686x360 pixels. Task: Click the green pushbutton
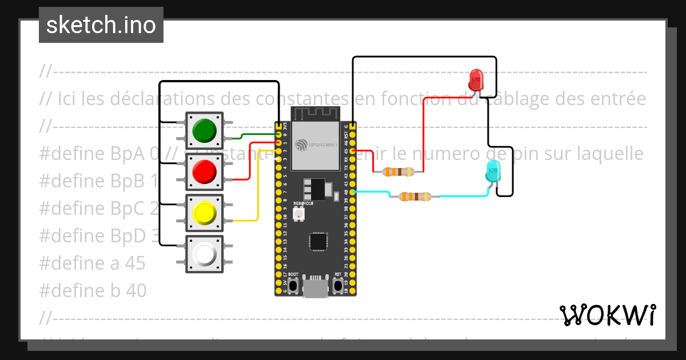click(204, 131)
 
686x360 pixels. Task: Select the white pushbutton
click(204, 254)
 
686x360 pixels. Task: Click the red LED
click(476, 81)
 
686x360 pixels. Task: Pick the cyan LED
click(492, 171)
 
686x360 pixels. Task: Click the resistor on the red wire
click(398, 171)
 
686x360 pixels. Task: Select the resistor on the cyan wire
click(414, 197)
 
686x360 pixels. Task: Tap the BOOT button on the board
click(293, 285)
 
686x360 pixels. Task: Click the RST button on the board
click(338, 285)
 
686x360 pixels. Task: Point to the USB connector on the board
click(316, 287)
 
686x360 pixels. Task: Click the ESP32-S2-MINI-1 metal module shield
click(316, 146)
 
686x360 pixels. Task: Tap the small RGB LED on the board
click(298, 214)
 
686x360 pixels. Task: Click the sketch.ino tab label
click(101, 25)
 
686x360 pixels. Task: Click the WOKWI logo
click(608, 315)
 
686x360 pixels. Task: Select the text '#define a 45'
click(93, 263)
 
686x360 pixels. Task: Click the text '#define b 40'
click(93, 290)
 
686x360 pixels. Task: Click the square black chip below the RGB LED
click(318, 241)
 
